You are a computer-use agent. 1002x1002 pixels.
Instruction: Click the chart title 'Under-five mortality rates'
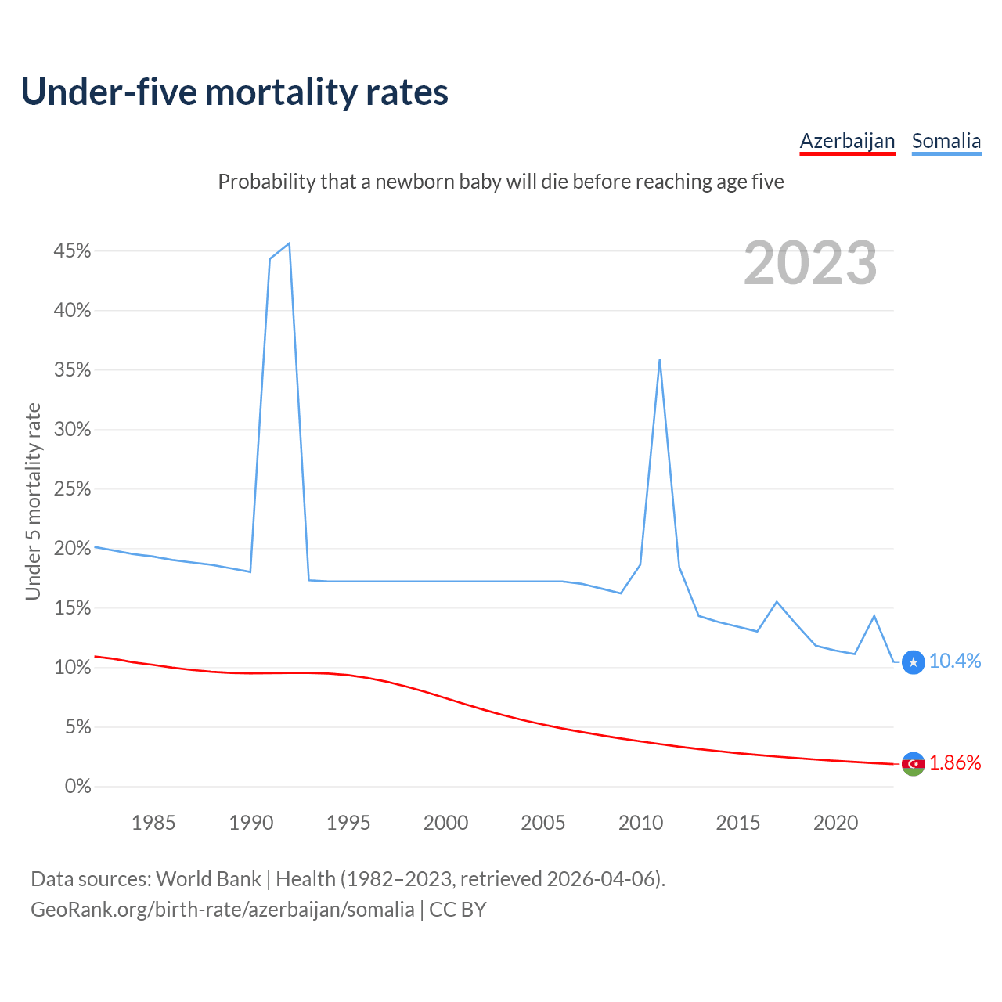click(x=234, y=92)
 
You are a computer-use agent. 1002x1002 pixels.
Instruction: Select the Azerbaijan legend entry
click(x=847, y=141)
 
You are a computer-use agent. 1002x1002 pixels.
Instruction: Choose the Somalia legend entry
click(x=946, y=141)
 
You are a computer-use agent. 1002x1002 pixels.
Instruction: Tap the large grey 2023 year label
click(x=810, y=263)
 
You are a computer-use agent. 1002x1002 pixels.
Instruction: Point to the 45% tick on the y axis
click(x=73, y=251)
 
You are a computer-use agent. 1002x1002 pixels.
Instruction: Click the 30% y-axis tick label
click(x=73, y=430)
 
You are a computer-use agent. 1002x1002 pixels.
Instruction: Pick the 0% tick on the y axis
click(x=77, y=787)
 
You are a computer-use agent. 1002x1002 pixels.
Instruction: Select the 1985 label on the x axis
click(x=153, y=823)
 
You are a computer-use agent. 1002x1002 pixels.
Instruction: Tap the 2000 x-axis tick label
click(x=445, y=823)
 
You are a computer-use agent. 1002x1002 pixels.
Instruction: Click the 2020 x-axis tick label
click(x=835, y=823)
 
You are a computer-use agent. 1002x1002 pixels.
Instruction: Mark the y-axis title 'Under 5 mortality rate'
click(x=33, y=501)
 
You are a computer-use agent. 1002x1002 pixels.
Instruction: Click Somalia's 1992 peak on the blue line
click(x=290, y=243)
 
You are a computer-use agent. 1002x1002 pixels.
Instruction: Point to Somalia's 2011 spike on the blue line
click(x=660, y=360)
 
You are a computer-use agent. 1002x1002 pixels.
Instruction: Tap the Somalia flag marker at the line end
click(x=913, y=662)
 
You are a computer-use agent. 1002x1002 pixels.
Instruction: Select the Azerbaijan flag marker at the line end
click(x=913, y=763)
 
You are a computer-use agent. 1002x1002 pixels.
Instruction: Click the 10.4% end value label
click(x=955, y=661)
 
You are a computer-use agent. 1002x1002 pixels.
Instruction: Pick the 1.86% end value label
click(x=955, y=763)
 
